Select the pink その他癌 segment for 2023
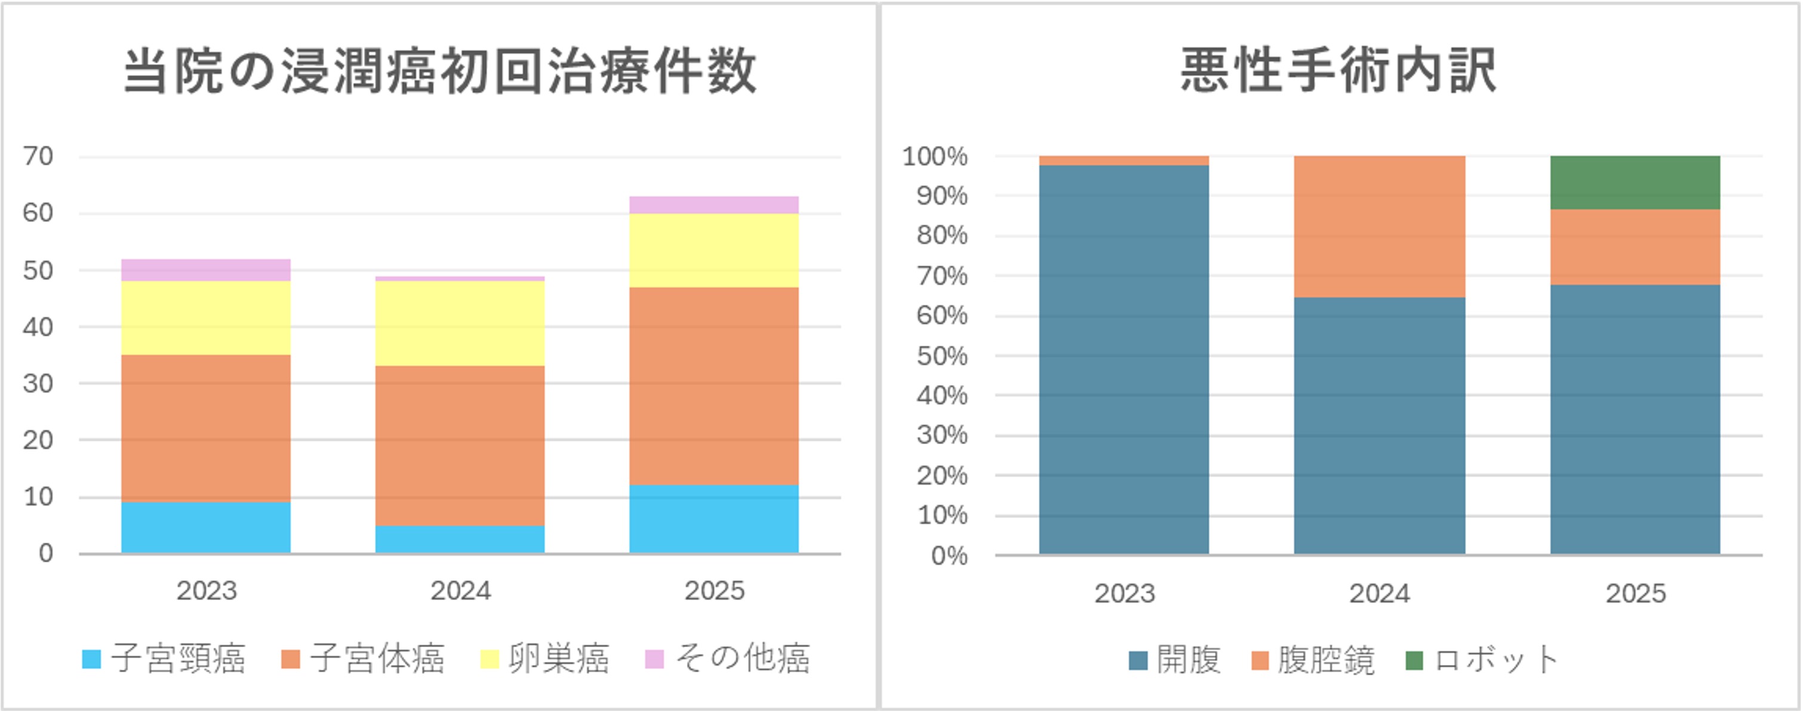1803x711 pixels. coord(206,270)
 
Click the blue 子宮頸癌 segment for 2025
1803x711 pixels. coord(714,519)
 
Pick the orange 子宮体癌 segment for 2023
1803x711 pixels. coord(206,427)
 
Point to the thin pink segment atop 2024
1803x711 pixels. coord(460,279)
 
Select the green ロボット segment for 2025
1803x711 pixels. coord(1635,182)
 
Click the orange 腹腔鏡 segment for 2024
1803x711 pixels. coord(1379,226)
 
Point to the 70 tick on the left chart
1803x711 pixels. coord(38,156)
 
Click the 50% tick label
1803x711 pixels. coord(942,356)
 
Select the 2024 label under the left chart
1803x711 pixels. coord(460,590)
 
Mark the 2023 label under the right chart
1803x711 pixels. coord(1124,593)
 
